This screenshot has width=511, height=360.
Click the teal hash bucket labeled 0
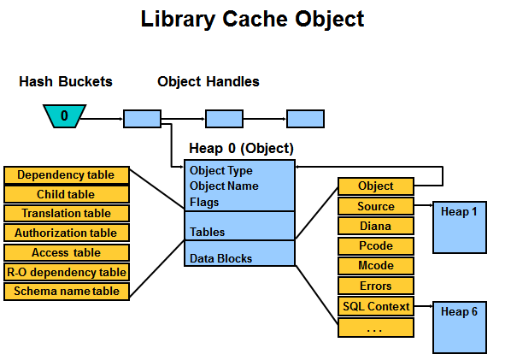coord(65,116)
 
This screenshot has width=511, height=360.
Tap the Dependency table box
coord(67,175)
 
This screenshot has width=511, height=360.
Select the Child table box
coord(67,194)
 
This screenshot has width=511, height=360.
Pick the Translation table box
coord(67,213)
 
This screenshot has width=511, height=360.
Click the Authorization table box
coord(67,233)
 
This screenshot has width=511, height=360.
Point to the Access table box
coord(67,252)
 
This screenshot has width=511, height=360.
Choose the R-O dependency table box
coord(67,272)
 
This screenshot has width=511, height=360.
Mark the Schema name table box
coord(67,292)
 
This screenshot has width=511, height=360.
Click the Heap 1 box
coord(460,227)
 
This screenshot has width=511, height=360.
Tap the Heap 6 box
coord(460,328)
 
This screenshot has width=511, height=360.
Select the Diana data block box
coord(376,226)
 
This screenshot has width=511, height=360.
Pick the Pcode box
coord(376,246)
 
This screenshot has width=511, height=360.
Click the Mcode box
coord(376,266)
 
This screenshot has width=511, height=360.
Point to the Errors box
coord(376,286)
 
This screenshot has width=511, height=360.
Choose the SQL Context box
coord(376,306)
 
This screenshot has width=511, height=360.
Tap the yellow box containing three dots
coord(376,328)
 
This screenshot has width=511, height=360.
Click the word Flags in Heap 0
coord(204,203)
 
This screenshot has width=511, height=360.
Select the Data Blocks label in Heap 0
coord(220,258)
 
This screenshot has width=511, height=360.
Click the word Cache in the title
coord(255,19)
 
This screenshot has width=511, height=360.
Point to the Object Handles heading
coord(209,81)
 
